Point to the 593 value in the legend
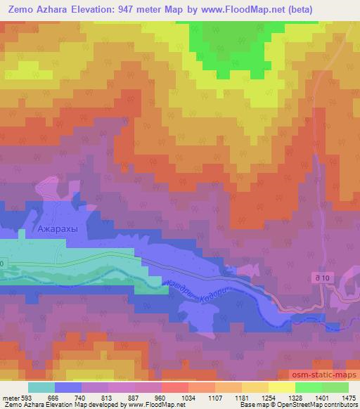coord(27,398)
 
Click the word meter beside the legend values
coord(11,398)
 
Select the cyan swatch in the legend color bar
coord(41,387)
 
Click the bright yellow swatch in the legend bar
coord(281,387)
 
